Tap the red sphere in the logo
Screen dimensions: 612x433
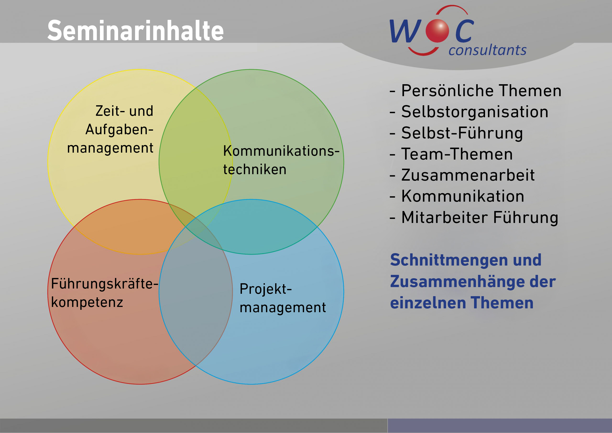(437, 31)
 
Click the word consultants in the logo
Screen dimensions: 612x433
(487, 50)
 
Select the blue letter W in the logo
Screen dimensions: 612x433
(405, 31)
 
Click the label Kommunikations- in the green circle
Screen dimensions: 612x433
(281, 151)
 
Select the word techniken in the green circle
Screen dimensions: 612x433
(255, 170)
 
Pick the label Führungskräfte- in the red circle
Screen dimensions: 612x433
(104, 283)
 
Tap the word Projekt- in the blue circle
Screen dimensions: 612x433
(266, 289)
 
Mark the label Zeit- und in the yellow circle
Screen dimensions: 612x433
(124, 111)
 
